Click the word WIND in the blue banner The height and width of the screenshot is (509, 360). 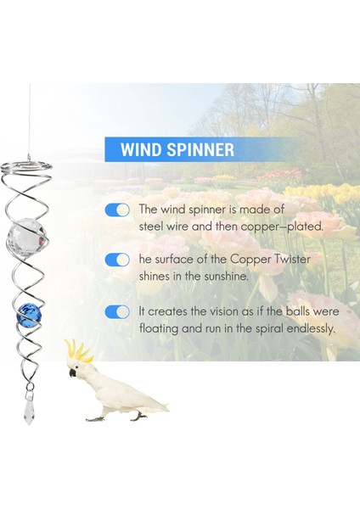pyautogui.click(x=143, y=150)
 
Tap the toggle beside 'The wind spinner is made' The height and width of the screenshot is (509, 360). pyautogui.click(x=117, y=210)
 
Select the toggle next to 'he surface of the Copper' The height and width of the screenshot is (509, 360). pyautogui.click(x=117, y=260)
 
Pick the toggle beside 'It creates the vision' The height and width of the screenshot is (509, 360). pyautogui.click(x=117, y=311)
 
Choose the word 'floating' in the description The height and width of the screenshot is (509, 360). pyautogui.click(x=159, y=328)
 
